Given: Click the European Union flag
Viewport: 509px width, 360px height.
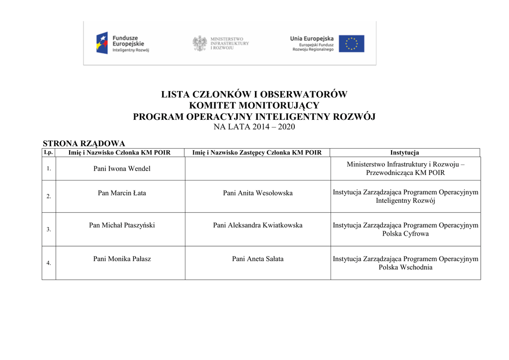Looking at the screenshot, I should pos(351,44).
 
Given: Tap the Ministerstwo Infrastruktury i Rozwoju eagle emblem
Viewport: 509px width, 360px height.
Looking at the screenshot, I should pos(199,43).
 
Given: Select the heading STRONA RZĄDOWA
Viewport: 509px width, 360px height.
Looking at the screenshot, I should pos(84,144).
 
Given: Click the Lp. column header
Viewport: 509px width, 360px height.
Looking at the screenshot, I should pos(48,152).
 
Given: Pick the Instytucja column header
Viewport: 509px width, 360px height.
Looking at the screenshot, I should pos(405,153).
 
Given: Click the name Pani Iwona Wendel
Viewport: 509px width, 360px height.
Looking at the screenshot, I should pos(122,169).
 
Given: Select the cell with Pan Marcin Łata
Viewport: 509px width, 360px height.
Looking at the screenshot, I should pos(122,193).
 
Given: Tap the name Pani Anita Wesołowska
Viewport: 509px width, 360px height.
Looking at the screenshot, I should pos(257,193).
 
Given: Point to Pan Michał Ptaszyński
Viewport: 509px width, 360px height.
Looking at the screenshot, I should pos(122,225).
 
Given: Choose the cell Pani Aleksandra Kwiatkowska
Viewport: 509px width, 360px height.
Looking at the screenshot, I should pos(257,225).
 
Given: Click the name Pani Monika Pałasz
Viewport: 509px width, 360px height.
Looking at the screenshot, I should pos(122,259).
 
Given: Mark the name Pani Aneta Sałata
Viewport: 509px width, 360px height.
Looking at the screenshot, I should pos(257,259).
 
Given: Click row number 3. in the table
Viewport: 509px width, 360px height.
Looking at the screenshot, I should pos(49,230).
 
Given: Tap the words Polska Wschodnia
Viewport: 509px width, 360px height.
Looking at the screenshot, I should pos(405,267).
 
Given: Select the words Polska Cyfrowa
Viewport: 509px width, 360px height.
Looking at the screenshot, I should pos(405,234).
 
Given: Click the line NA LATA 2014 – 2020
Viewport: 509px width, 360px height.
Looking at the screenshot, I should pos(254,127).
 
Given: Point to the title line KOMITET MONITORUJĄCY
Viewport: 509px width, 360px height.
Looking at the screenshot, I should pos(254,105).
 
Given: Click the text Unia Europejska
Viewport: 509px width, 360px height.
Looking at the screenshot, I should pos(312,39).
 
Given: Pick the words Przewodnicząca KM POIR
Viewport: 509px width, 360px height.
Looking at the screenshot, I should pos(405,173).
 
